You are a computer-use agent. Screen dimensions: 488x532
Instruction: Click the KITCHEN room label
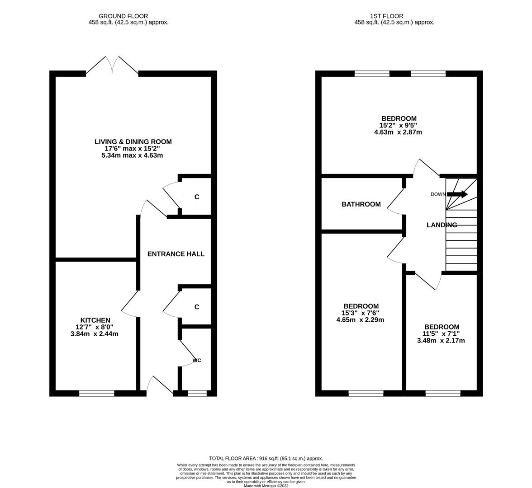[95, 320]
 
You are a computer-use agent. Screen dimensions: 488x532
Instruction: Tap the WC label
[197, 360]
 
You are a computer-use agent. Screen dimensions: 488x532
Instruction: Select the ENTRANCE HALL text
[176, 254]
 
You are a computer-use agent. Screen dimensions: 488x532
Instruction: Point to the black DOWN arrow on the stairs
[457, 194]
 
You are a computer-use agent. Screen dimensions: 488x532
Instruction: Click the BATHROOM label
[361, 204]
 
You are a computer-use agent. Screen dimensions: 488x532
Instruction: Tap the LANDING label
[442, 225]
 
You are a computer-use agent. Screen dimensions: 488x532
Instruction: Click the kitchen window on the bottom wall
[96, 394]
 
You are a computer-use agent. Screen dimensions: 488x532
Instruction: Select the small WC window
[197, 394]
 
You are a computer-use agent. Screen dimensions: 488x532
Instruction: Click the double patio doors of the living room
[112, 66]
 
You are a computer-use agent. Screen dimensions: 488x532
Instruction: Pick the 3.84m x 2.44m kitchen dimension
[95, 334]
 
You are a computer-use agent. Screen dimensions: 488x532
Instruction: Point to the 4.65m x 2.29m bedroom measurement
[360, 320]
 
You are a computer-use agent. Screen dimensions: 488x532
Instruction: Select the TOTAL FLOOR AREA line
[266, 458]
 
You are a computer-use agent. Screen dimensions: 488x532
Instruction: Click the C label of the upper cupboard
[197, 197]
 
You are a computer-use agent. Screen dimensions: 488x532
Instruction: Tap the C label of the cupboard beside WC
[197, 307]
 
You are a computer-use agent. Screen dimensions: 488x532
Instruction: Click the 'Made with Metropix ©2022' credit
[266, 486]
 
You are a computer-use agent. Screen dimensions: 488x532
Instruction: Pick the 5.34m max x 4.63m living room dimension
[133, 155]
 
